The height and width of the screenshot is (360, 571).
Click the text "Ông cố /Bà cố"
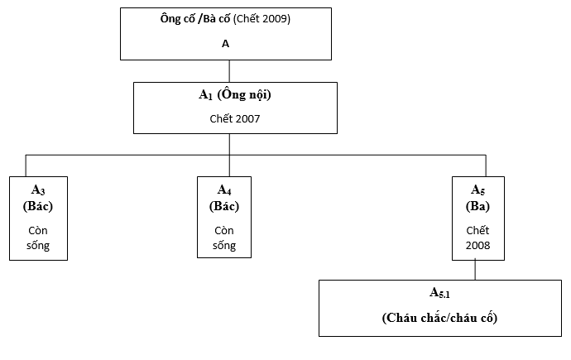pyautogui.click(x=194, y=18)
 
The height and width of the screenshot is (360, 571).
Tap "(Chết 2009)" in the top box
pyautogui.click(x=262, y=19)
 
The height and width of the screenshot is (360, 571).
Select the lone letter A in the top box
pyautogui.click(x=225, y=44)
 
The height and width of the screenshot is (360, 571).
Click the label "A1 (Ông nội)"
pyautogui.click(x=235, y=94)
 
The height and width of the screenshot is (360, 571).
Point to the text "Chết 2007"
pyautogui.click(x=235, y=118)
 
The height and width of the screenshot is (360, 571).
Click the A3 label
pyautogui.click(x=38, y=190)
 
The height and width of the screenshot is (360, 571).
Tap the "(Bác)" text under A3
pyautogui.click(x=38, y=206)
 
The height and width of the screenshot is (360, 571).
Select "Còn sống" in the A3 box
pyautogui.click(x=38, y=238)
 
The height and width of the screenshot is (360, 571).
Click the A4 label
pyautogui.click(x=224, y=190)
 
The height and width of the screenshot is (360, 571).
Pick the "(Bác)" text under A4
pyautogui.click(x=224, y=206)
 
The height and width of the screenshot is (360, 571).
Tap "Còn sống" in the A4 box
pyautogui.click(x=224, y=238)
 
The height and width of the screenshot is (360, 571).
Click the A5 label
pyautogui.click(x=477, y=190)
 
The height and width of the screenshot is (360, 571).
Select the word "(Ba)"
pyautogui.click(x=477, y=206)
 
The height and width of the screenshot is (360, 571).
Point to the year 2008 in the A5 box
pyautogui.click(x=477, y=245)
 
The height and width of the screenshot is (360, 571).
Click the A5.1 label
pyautogui.click(x=439, y=293)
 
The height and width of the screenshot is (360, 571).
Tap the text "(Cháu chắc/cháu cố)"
pyautogui.click(x=439, y=318)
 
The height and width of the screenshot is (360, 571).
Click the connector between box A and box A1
pyautogui.click(x=229, y=71)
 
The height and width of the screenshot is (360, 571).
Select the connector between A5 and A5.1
pyautogui.click(x=475, y=269)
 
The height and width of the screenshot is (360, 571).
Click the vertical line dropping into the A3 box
pyautogui.click(x=26, y=166)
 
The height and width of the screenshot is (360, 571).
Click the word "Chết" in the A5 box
pyautogui.click(x=477, y=230)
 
